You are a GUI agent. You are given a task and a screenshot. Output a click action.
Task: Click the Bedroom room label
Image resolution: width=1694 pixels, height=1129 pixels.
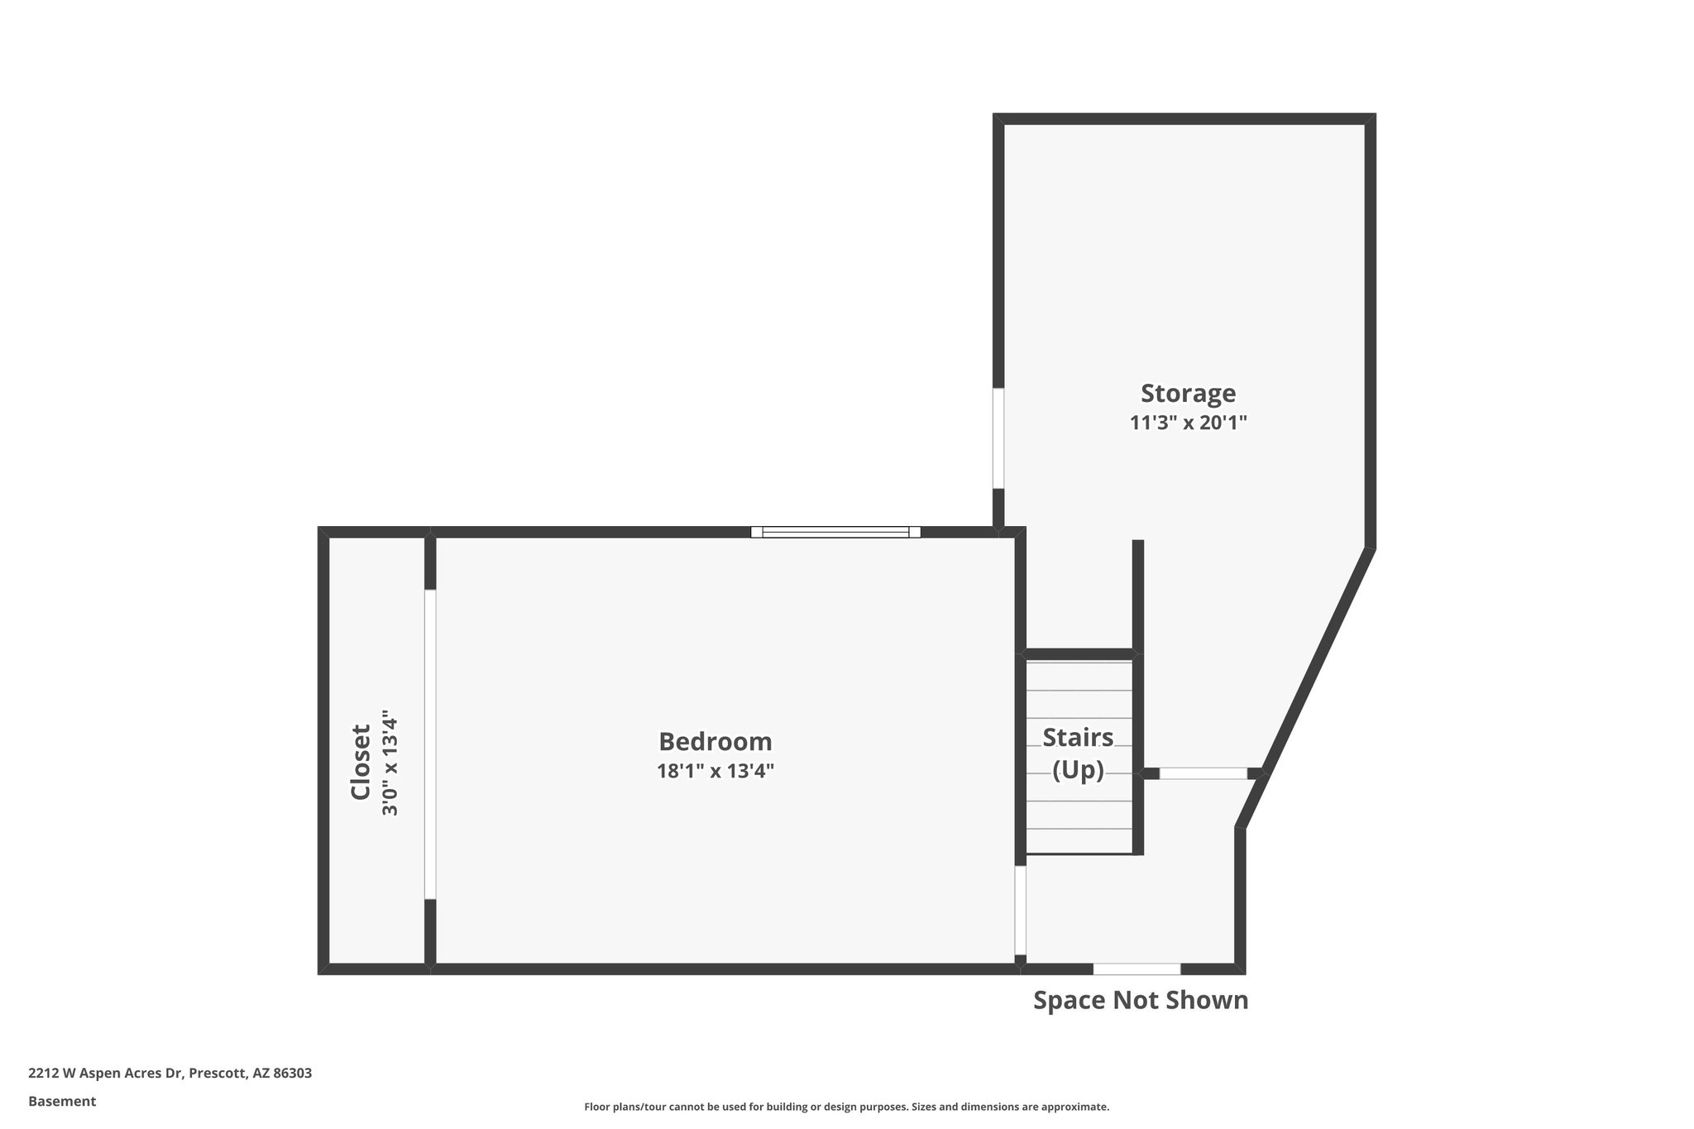click(715, 741)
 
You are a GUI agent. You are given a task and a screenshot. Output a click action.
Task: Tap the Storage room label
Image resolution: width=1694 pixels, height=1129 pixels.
click(1188, 393)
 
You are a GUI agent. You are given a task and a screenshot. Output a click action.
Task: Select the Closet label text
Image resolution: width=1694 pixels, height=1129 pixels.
click(361, 762)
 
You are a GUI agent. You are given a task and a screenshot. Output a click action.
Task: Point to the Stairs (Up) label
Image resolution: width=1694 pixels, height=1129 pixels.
click(1078, 753)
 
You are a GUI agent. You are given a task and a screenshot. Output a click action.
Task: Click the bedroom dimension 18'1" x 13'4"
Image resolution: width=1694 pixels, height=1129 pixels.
click(715, 772)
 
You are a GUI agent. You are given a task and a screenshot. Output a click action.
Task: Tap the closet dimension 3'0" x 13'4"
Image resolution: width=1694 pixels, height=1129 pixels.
click(390, 762)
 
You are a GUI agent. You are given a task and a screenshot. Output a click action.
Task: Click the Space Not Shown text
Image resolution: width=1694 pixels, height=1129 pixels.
click(1140, 1000)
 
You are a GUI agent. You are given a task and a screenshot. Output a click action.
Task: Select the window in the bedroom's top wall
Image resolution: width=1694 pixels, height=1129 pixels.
click(835, 532)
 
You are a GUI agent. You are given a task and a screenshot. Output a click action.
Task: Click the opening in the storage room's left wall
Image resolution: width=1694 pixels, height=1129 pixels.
click(998, 438)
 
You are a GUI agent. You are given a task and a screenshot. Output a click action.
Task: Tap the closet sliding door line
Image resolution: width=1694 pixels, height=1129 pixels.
click(429, 744)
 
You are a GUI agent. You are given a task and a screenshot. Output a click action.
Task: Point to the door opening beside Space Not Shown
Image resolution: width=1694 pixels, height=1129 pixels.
click(1137, 969)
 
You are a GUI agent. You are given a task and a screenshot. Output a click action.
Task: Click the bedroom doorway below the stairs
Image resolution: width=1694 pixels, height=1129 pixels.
click(1020, 910)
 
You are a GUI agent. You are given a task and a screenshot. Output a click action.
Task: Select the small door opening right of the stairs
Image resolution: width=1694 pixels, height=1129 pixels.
click(1203, 773)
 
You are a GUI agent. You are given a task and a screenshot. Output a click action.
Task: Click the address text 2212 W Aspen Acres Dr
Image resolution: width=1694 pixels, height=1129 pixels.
click(104, 1074)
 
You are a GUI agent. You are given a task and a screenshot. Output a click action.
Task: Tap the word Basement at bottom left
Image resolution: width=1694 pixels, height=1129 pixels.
click(62, 1101)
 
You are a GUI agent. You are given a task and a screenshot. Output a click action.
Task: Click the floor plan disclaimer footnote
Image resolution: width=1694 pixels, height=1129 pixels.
click(846, 1107)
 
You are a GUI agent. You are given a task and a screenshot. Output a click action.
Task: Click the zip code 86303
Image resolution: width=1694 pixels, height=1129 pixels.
click(292, 1074)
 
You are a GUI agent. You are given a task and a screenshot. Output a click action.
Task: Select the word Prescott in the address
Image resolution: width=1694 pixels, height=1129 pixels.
click(218, 1074)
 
